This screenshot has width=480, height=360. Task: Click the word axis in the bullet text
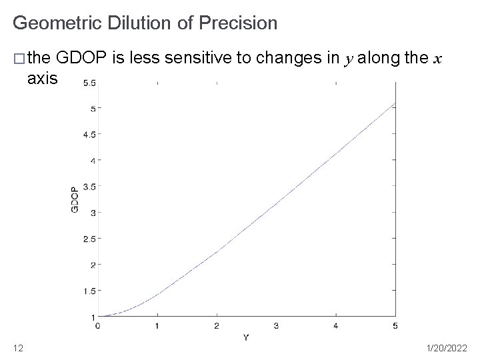pos(43,79)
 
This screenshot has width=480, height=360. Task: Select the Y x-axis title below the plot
pos(246,337)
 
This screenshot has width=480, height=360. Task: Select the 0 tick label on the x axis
pos(98,325)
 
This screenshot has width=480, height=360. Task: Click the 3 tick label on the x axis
pos(276,325)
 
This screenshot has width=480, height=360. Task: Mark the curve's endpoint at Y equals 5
pos(395,103)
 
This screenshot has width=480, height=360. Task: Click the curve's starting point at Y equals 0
pos(99,316)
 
